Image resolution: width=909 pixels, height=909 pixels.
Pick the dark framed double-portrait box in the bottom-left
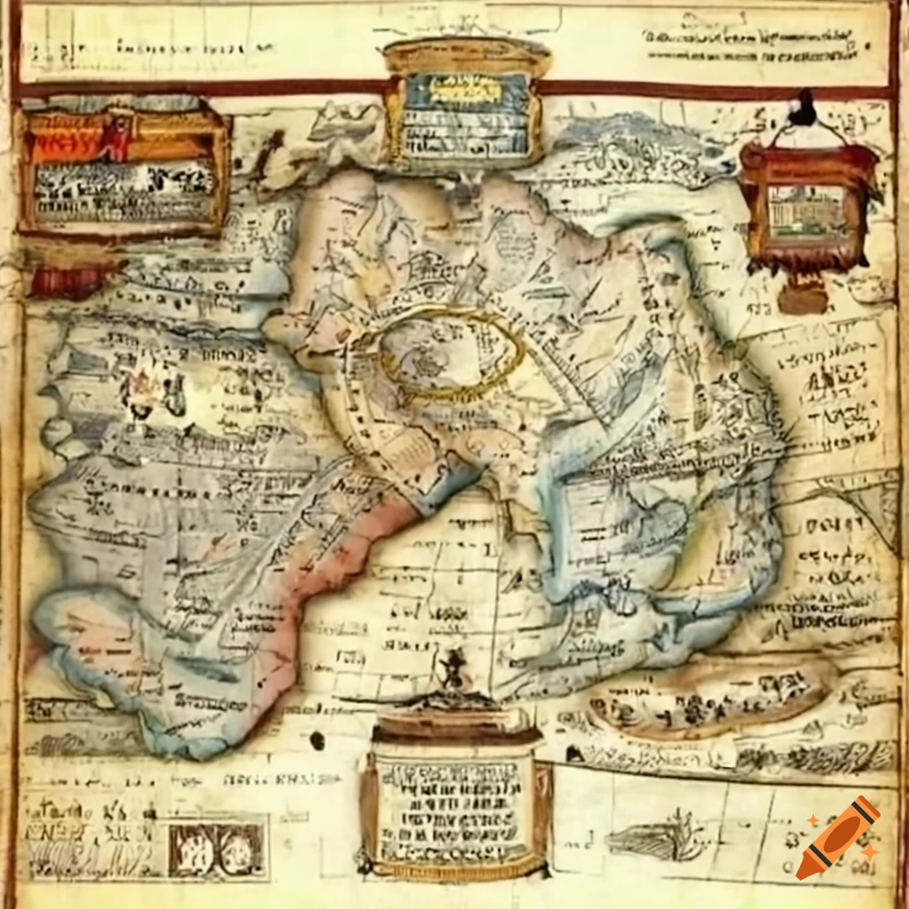(x=217, y=848)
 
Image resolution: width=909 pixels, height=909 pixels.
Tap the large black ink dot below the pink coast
(x=318, y=739)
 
